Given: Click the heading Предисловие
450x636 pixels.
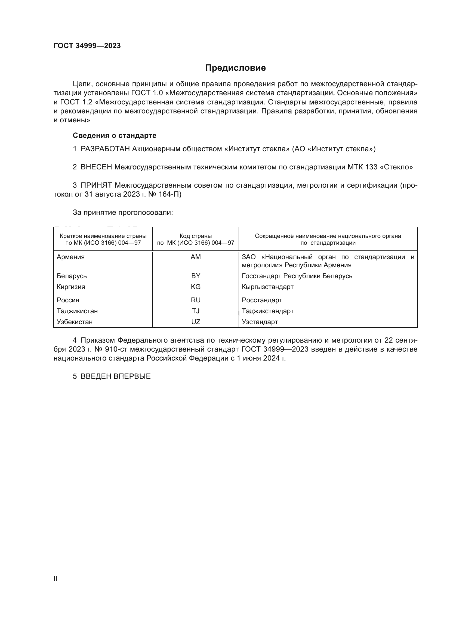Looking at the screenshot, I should [235, 68].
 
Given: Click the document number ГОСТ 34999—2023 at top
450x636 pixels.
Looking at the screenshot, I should [87, 46].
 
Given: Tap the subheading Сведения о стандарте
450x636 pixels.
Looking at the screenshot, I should [115, 135].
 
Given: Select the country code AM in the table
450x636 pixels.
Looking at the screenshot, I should [196, 257].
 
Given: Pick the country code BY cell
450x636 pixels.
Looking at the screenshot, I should [196, 276].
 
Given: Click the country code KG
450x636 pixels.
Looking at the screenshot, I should [196, 287].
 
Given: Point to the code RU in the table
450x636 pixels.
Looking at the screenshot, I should [196, 300].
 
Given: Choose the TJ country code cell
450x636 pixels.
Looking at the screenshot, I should [196, 311].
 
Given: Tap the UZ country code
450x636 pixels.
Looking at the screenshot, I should [196, 322].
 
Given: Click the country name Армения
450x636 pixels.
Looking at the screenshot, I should [71, 257].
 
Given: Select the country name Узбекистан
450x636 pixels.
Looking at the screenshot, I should [75, 322].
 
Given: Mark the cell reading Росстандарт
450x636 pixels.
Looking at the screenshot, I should [262, 300].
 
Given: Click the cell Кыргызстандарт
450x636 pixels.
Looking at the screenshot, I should [267, 287].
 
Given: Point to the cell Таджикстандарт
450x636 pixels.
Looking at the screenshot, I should [267, 311].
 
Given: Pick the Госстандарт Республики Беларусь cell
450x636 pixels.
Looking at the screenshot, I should [297, 276].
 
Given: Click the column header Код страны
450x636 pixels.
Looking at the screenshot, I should [196, 236].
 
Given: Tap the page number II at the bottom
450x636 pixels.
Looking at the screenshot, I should [56, 578].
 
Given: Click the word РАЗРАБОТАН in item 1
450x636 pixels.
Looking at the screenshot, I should [105, 149].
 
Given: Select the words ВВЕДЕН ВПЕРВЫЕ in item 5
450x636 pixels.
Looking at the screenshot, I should [116, 376].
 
